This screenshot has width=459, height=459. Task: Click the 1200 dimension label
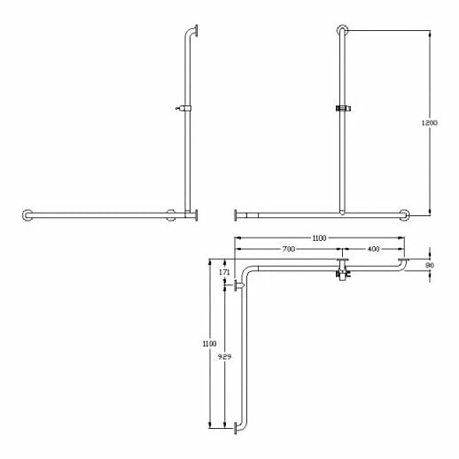[x=429, y=122]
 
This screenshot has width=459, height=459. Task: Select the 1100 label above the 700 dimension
[x=319, y=238]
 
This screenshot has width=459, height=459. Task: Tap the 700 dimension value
[x=288, y=249]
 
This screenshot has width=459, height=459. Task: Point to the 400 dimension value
[x=373, y=249]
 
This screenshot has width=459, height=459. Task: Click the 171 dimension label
[x=224, y=272]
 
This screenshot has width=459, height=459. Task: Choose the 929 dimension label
[x=224, y=357]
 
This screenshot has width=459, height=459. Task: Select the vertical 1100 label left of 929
[x=209, y=344]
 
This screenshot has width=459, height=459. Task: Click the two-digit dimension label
[x=430, y=265]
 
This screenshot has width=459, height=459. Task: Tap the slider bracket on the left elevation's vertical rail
[x=184, y=108]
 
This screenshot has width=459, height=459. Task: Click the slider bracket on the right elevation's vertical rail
[x=343, y=108]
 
